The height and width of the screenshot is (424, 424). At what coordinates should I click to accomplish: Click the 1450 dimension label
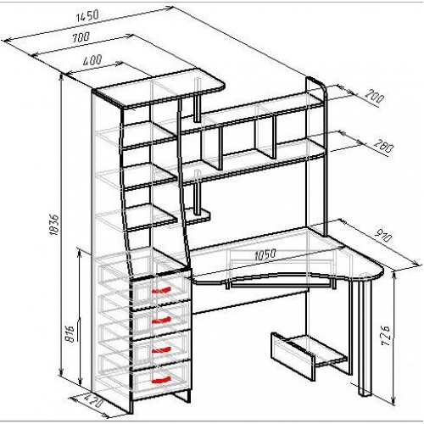coord(87,17)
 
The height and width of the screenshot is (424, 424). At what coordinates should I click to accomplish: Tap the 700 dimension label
coord(81,37)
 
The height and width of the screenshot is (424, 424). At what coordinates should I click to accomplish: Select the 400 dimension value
coord(92,61)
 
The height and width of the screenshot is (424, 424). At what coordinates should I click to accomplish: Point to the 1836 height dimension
coord(53,225)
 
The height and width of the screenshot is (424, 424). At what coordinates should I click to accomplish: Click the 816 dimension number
coord(70,334)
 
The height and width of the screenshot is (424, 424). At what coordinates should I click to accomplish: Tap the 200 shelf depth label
coord(374,96)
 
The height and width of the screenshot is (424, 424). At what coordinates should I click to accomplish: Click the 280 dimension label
coord(383,146)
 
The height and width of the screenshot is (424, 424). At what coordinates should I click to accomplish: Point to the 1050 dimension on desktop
coord(265,254)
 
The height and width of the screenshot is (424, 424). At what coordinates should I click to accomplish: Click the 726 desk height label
coord(385,336)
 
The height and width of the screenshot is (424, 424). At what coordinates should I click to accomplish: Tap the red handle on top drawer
coord(161,290)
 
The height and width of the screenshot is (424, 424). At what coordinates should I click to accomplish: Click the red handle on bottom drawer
coord(161,380)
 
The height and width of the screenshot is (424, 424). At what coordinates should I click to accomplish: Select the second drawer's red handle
coord(162,320)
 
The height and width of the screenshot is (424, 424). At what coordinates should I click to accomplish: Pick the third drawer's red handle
coord(162,350)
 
